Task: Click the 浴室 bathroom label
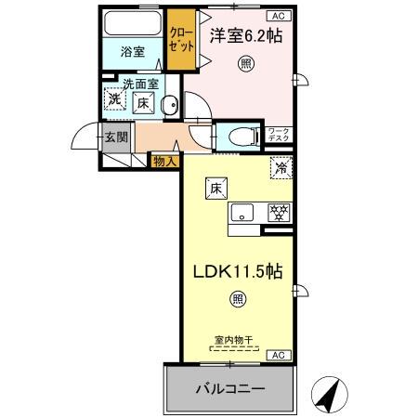coord(133,52)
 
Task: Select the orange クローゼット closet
coord(180,39)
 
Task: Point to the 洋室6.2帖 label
coord(247,36)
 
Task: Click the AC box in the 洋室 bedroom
coord(278,16)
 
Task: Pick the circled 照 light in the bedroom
coord(245,63)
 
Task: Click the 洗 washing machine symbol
coord(114,99)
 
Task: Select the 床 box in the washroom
coord(145,103)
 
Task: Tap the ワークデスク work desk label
coord(280,136)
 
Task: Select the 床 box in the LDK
coord(215,187)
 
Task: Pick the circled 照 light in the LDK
coord(237,299)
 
